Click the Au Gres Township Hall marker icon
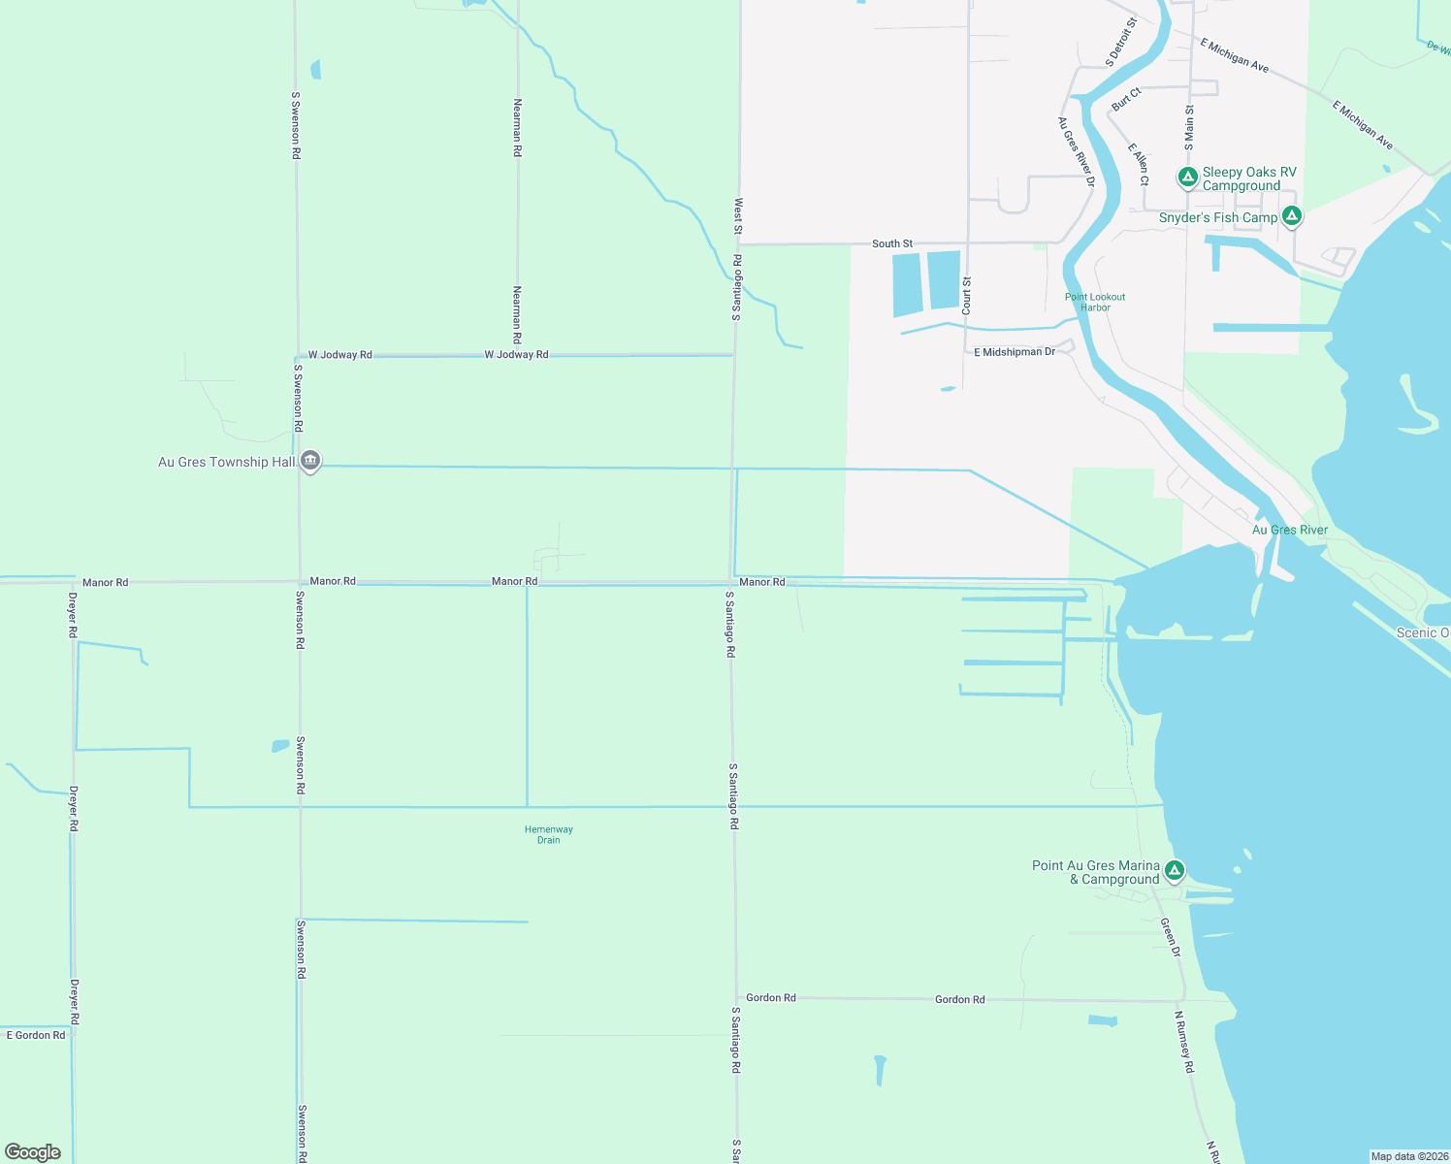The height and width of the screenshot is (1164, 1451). (x=310, y=461)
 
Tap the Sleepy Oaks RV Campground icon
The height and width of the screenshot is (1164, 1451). (x=1187, y=178)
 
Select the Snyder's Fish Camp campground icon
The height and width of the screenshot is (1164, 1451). (x=1291, y=216)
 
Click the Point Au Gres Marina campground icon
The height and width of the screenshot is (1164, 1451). (x=1175, y=870)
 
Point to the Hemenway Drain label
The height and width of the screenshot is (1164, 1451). (x=549, y=834)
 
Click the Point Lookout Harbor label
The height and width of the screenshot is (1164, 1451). (x=1095, y=302)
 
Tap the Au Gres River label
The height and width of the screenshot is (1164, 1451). (x=1289, y=530)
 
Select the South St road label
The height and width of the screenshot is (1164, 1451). (x=892, y=243)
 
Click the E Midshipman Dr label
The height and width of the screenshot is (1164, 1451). (x=1015, y=352)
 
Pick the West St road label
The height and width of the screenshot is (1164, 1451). (x=738, y=216)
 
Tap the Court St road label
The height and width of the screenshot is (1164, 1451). (x=967, y=295)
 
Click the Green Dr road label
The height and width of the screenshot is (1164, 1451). (x=1171, y=938)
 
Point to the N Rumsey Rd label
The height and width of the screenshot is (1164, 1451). (x=1184, y=1042)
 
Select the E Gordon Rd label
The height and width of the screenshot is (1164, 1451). (x=36, y=1035)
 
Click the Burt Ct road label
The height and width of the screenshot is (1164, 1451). (x=1126, y=98)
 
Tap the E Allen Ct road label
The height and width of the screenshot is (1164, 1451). (x=1139, y=164)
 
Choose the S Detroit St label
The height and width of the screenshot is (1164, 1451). (x=1120, y=42)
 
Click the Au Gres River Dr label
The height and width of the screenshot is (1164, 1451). (x=1076, y=151)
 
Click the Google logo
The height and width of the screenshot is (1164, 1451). (x=33, y=1152)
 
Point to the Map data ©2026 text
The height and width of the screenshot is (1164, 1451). (x=1409, y=1156)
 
